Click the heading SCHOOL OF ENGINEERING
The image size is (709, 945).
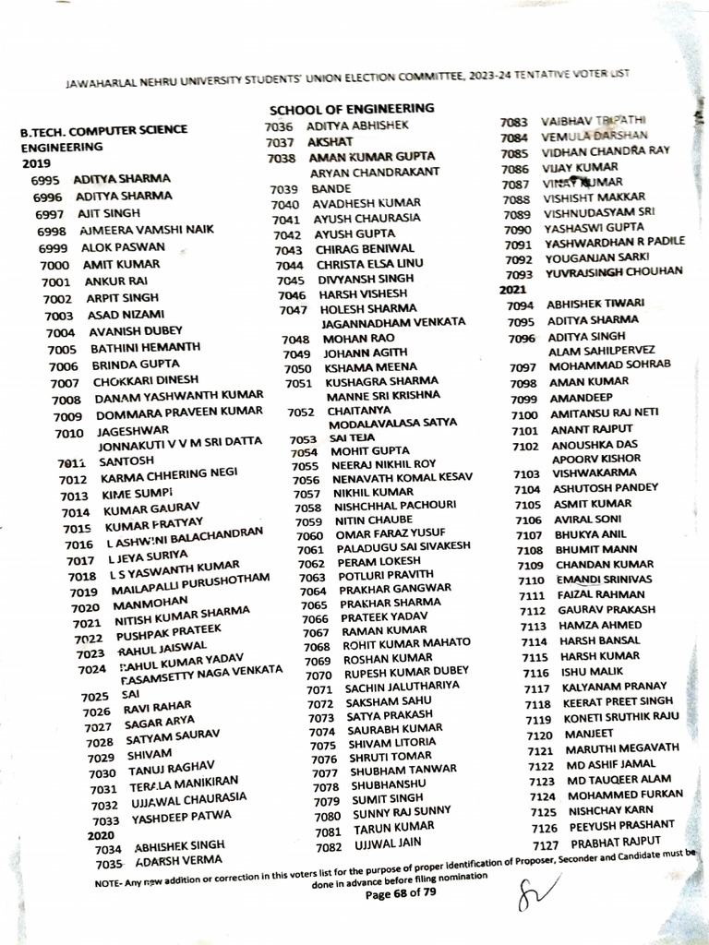coord(352,109)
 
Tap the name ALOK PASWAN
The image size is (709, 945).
coord(123,247)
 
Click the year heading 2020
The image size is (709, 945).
coord(100,834)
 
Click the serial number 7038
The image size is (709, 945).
coord(282,159)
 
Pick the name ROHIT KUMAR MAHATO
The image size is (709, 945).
coord(406,643)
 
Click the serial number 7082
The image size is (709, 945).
coord(330,847)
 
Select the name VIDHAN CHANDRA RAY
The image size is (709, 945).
coord(605,152)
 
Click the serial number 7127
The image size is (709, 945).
coord(546,844)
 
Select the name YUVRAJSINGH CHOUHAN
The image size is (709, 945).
coord(613,272)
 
